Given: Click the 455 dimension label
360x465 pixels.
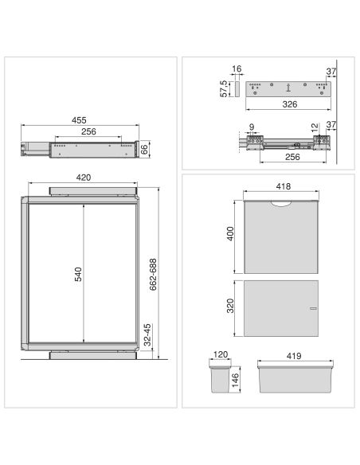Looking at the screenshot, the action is pos(79,120).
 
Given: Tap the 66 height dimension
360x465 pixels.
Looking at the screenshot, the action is pos(144,149).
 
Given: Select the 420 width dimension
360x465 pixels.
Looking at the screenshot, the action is pos(84,178).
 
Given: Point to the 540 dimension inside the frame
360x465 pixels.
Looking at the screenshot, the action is pos(78,275).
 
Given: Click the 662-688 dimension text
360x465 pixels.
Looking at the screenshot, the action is pos(153,275).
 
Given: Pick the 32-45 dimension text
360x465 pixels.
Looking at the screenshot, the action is pos(147,335).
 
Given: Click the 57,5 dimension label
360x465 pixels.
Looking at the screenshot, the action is pos(224,88).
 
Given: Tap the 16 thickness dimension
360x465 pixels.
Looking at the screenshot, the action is pos(237,68).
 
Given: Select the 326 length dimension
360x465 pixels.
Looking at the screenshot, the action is pos(290,104).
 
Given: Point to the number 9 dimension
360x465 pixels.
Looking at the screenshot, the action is pos(252,127).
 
